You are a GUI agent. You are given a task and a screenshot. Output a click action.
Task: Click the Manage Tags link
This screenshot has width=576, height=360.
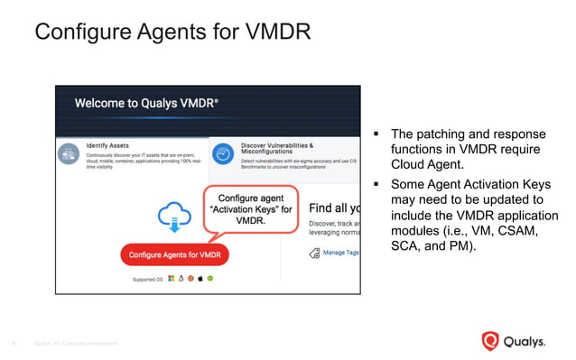[x=339, y=253]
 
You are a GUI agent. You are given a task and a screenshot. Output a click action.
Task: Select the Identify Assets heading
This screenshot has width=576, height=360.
[x=108, y=144]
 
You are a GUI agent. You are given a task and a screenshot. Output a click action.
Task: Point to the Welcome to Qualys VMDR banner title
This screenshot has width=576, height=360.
[x=145, y=103]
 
